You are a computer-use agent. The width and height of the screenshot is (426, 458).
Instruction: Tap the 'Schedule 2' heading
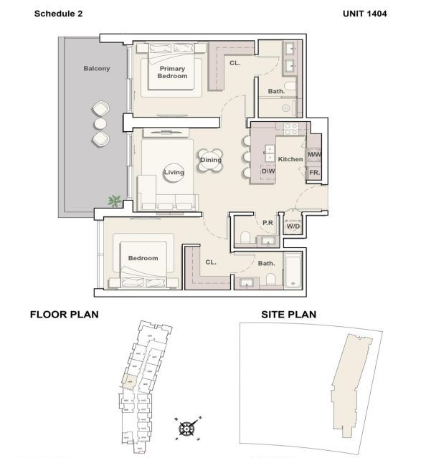[59, 13]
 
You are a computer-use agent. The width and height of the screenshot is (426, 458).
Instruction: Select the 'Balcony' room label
[97, 68]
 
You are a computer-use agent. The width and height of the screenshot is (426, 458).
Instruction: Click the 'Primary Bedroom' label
[173, 72]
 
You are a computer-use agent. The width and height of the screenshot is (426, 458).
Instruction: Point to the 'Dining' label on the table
[211, 160]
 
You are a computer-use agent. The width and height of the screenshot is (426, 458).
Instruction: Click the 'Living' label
[174, 172]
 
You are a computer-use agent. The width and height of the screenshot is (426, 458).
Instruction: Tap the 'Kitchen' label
[290, 158]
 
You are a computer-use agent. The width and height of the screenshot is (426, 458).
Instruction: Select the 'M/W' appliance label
[313, 155]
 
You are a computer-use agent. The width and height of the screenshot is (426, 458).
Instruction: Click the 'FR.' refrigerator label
[313, 173]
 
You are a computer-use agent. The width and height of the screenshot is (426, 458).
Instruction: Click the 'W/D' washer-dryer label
[293, 226]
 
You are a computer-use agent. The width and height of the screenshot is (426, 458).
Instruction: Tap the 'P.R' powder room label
[268, 223]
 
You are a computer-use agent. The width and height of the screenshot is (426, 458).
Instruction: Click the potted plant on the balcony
[114, 201]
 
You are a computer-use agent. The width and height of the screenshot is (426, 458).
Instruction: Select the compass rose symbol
[186, 429]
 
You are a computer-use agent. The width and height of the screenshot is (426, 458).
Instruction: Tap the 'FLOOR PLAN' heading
[64, 314]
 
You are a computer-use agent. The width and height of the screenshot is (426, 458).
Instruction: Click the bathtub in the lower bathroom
[292, 272]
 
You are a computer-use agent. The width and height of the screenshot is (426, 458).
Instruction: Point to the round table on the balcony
[100, 123]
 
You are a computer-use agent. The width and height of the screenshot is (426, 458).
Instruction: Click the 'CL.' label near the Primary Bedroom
[235, 63]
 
